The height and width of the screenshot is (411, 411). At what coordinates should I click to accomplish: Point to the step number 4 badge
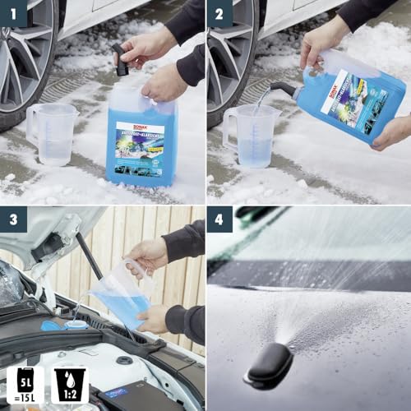pos(219,220)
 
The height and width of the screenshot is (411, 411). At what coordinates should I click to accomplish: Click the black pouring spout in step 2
pos(283,88)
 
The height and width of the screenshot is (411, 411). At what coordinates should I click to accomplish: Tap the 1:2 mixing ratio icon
pos(67,385)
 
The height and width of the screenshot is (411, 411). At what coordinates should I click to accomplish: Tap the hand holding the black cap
pos(148,45)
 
